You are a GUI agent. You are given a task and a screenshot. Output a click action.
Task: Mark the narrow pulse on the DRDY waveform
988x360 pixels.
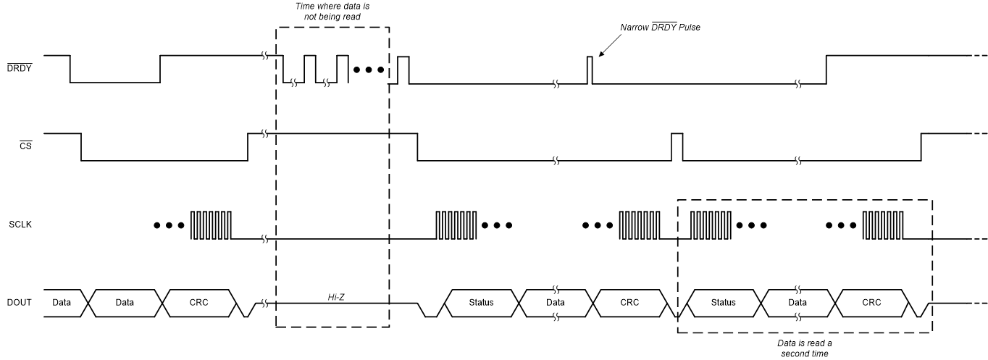pyautogui.click(x=590, y=70)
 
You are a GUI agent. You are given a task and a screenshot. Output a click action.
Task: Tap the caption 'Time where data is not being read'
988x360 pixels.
pyautogui.click(x=332, y=12)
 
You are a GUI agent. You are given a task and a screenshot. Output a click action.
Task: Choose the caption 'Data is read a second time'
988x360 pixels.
pyautogui.click(x=803, y=348)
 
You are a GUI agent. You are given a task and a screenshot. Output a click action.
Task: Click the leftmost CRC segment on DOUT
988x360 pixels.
pyautogui.click(x=198, y=302)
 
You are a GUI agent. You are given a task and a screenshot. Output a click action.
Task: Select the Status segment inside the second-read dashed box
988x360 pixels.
pyautogui.click(x=723, y=302)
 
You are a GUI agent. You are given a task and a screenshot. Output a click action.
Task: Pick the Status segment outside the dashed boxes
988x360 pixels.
pyautogui.click(x=480, y=302)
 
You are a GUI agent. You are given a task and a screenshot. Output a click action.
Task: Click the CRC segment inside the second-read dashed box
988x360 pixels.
pyautogui.click(x=871, y=302)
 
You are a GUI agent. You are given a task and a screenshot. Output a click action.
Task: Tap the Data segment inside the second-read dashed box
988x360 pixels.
pyautogui.click(x=797, y=302)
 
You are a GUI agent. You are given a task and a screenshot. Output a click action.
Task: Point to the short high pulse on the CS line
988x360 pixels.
pyautogui.click(x=677, y=146)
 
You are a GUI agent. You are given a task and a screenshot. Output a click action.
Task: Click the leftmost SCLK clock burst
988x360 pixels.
pyautogui.click(x=212, y=225)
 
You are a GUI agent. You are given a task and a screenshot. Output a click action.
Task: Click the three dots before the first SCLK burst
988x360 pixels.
pyautogui.click(x=169, y=225)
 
